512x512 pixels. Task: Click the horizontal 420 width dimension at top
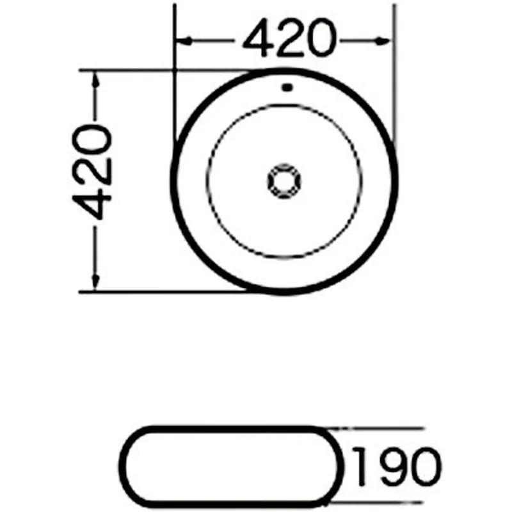pos(289,40)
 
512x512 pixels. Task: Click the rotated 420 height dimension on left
pos(93,172)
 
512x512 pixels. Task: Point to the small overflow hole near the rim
pos(287,86)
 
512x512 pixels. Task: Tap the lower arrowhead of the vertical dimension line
pos(96,282)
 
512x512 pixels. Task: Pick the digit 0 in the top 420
pos(319,40)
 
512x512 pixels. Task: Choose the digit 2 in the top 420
pos(289,40)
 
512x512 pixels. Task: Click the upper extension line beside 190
pos(384,427)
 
